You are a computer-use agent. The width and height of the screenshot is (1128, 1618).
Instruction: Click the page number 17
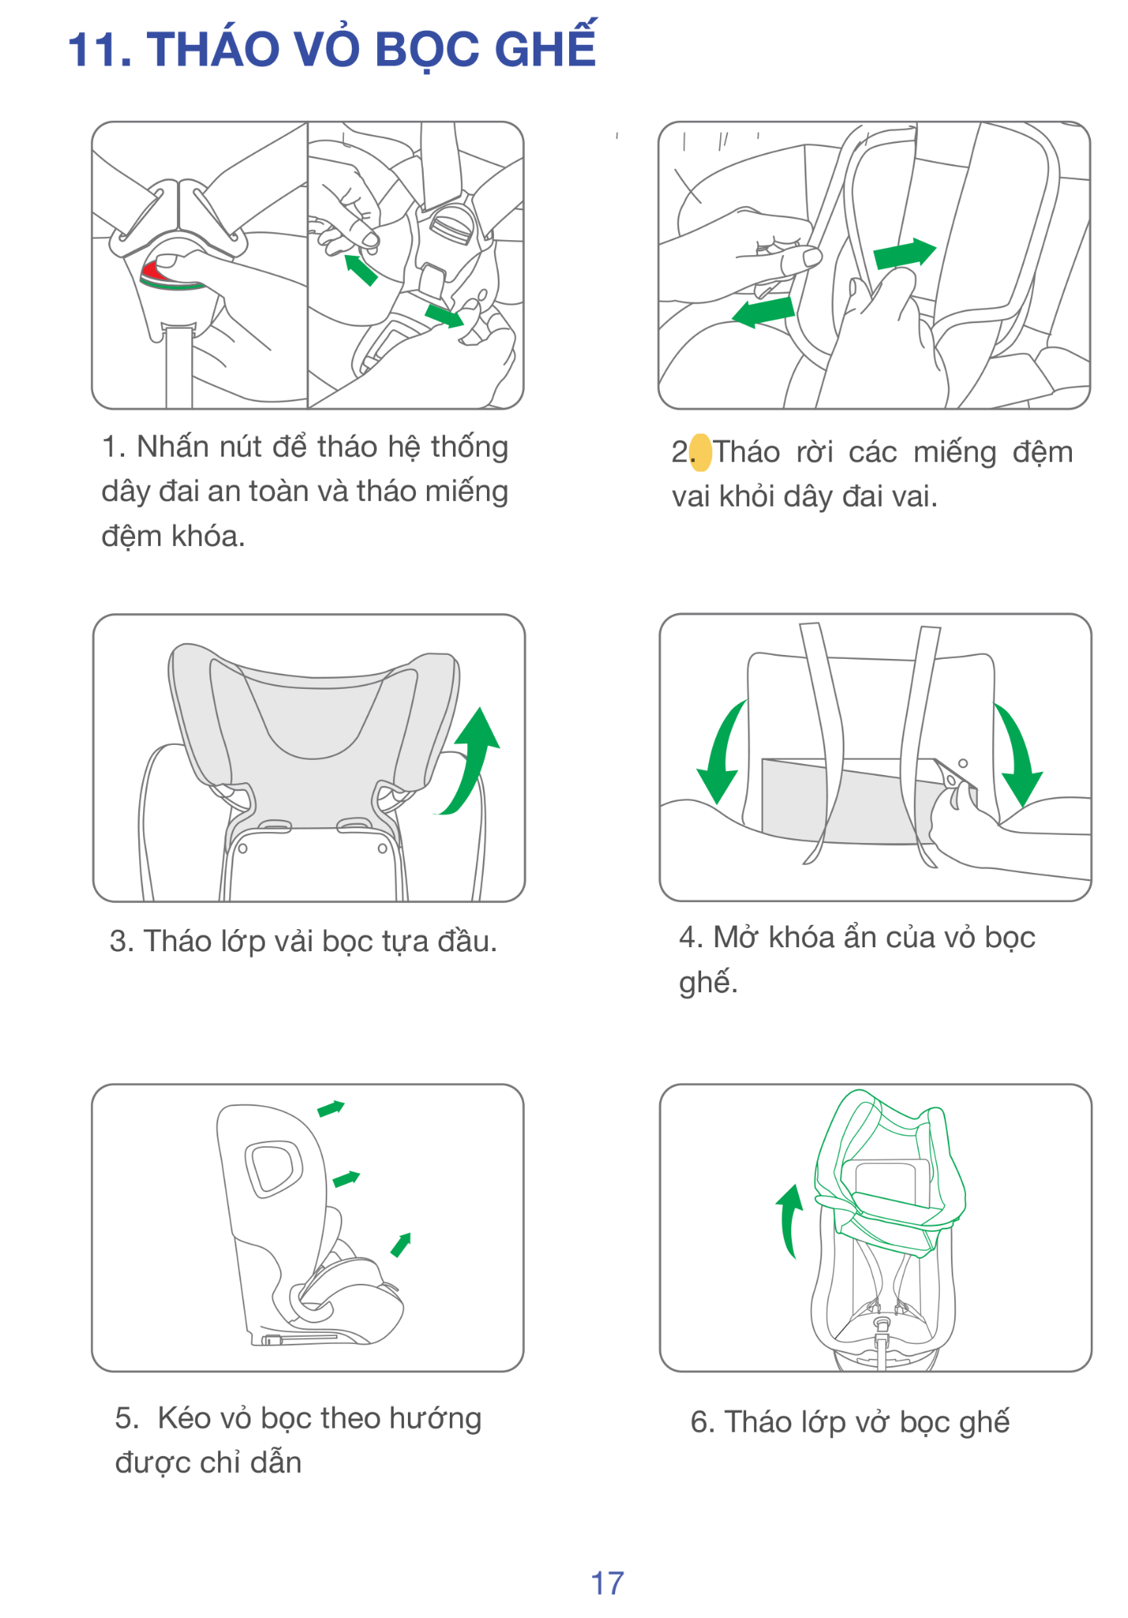[x=607, y=1582]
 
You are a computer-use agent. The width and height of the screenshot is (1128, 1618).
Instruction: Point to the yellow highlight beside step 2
[x=700, y=453]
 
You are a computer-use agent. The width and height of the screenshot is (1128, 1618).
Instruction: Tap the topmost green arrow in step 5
[x=331, y=1108]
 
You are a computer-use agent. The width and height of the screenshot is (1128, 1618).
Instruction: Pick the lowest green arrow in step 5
[x=402, y=1244]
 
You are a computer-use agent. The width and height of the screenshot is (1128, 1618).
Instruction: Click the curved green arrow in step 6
[x=789, y=1221]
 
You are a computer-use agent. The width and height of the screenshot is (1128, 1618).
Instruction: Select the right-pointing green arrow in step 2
[x=904, y=254]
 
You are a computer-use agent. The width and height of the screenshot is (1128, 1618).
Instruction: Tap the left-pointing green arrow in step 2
[x=764, y=310]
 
